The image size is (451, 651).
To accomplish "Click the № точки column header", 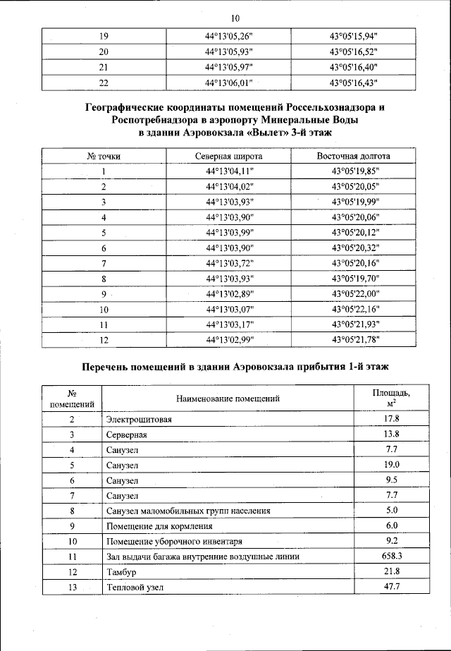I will pyautogui.click(x=104, y=156).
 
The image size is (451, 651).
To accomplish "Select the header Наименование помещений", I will pyautogui.click(x=228, y=398).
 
